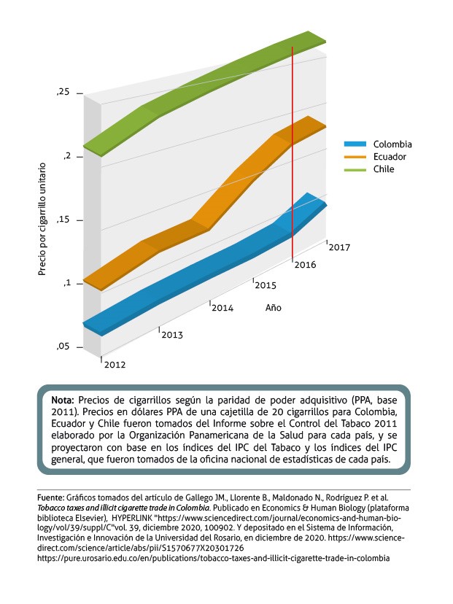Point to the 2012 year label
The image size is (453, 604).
(115, 363)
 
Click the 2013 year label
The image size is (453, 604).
(172, 335)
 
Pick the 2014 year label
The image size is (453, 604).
(222, 308)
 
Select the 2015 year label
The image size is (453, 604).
(265, 284)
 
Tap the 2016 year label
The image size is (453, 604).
(305, 265)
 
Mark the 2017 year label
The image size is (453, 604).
(339, 247)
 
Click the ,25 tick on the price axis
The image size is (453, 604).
(63, 93)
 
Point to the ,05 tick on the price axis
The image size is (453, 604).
(63, 347)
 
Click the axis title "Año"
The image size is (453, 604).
(273, 308)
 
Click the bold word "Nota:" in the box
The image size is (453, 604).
(62, 401)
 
